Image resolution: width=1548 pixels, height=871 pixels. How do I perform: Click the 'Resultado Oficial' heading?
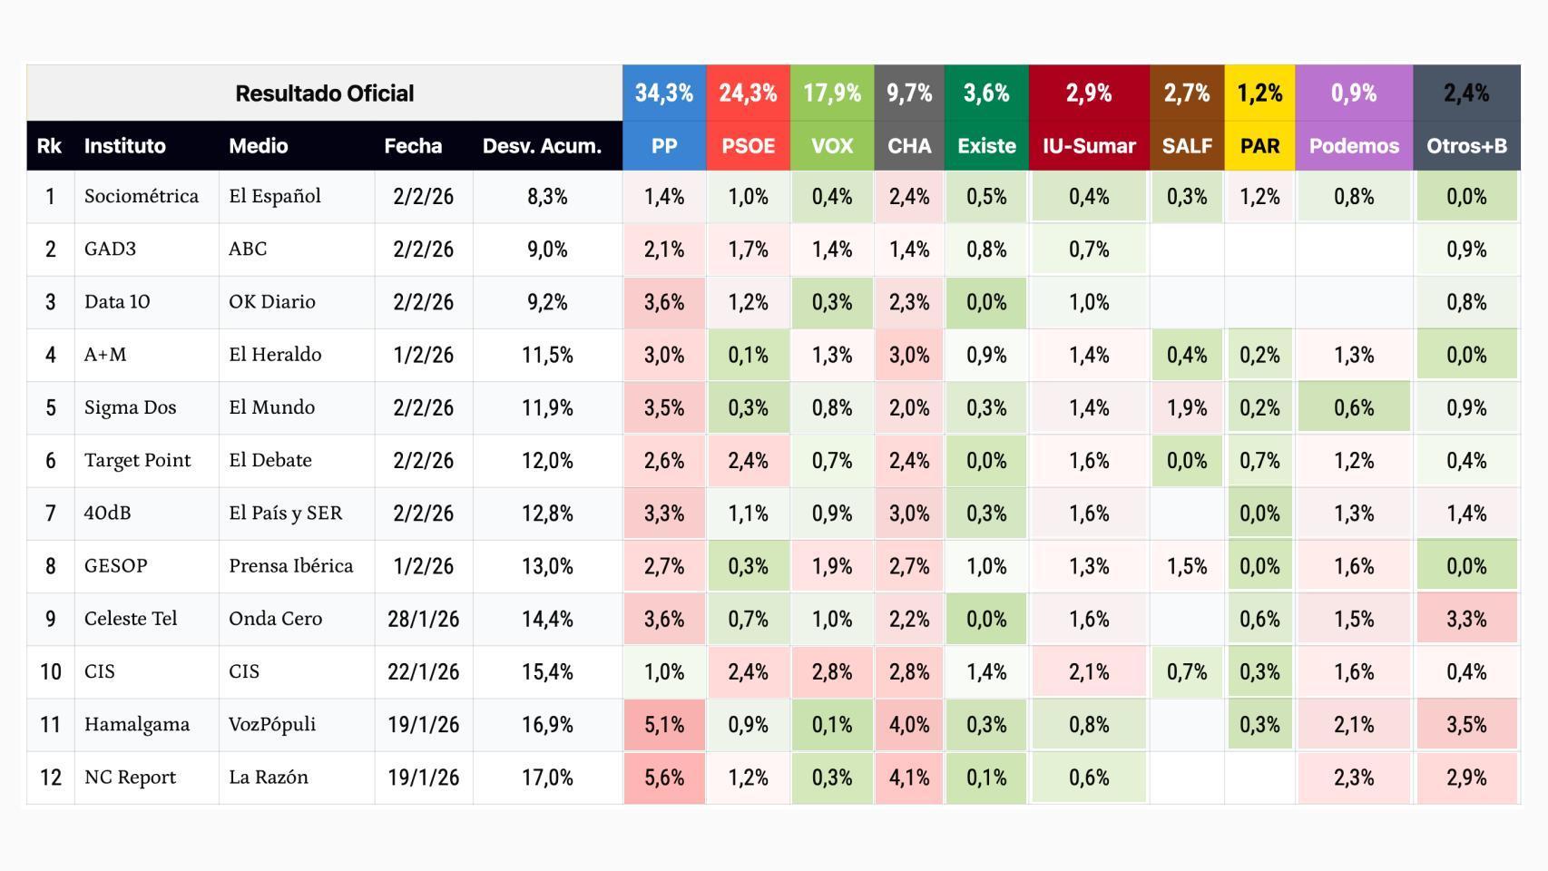(x=324, y=93)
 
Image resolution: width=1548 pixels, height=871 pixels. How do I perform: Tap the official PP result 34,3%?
(x=663, y=93)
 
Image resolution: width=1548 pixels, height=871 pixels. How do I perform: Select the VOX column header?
(x=831, y=146)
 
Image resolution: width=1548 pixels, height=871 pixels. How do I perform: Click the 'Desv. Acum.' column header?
(x=542, y=146)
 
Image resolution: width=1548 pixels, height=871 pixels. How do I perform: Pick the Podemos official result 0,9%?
(x=1353, y=93)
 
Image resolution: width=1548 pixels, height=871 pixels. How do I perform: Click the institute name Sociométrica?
(x=141, y=196)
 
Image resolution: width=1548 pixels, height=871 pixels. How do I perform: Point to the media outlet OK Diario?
(x=271, y=301)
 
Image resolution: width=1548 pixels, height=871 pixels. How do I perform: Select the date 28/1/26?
(x=423, y=619)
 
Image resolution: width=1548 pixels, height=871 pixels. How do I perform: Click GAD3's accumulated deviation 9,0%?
(x=547, y=249)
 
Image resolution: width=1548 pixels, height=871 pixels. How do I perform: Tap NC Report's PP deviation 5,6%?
(x=663, y=778)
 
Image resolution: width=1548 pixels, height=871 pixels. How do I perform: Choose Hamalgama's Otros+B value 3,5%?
(x=1465, y=725)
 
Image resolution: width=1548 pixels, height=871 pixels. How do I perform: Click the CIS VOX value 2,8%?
(x=831, y=672)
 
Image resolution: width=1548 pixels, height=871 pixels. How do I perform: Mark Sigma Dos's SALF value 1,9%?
(x=1186, y=407)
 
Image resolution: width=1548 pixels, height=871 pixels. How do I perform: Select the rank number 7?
(x=50, y=514)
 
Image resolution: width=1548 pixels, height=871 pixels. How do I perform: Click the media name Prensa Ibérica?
(x=290, y=566)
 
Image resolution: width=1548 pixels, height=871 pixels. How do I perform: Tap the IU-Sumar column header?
(x=1088, y=146)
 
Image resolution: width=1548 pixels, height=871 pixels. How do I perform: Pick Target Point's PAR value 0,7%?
(x=1259, y=461)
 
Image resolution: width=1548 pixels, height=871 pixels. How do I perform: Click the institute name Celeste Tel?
(x=131, y=619)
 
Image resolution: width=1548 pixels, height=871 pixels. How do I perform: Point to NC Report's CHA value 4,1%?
(x=908, y=778)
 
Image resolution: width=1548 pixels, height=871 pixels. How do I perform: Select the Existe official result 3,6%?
(x=985, y=93)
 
